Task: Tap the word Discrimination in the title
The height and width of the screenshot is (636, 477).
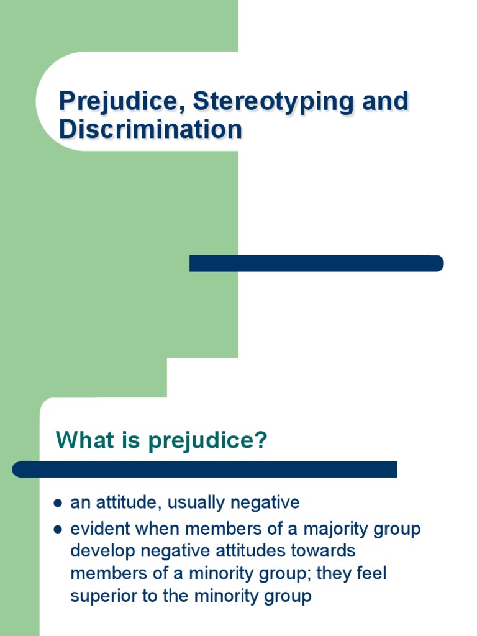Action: [x=150, y=130]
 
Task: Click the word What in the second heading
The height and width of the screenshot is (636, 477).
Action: [x=81, y=441]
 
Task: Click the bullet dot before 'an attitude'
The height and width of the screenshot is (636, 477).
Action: [x=58, y=502]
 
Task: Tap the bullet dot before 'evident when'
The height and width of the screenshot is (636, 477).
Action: [x=58, y=530]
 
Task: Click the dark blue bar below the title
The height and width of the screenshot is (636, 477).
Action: [x=316, y=263]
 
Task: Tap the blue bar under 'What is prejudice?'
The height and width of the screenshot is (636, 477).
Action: [x=205, y=470]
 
